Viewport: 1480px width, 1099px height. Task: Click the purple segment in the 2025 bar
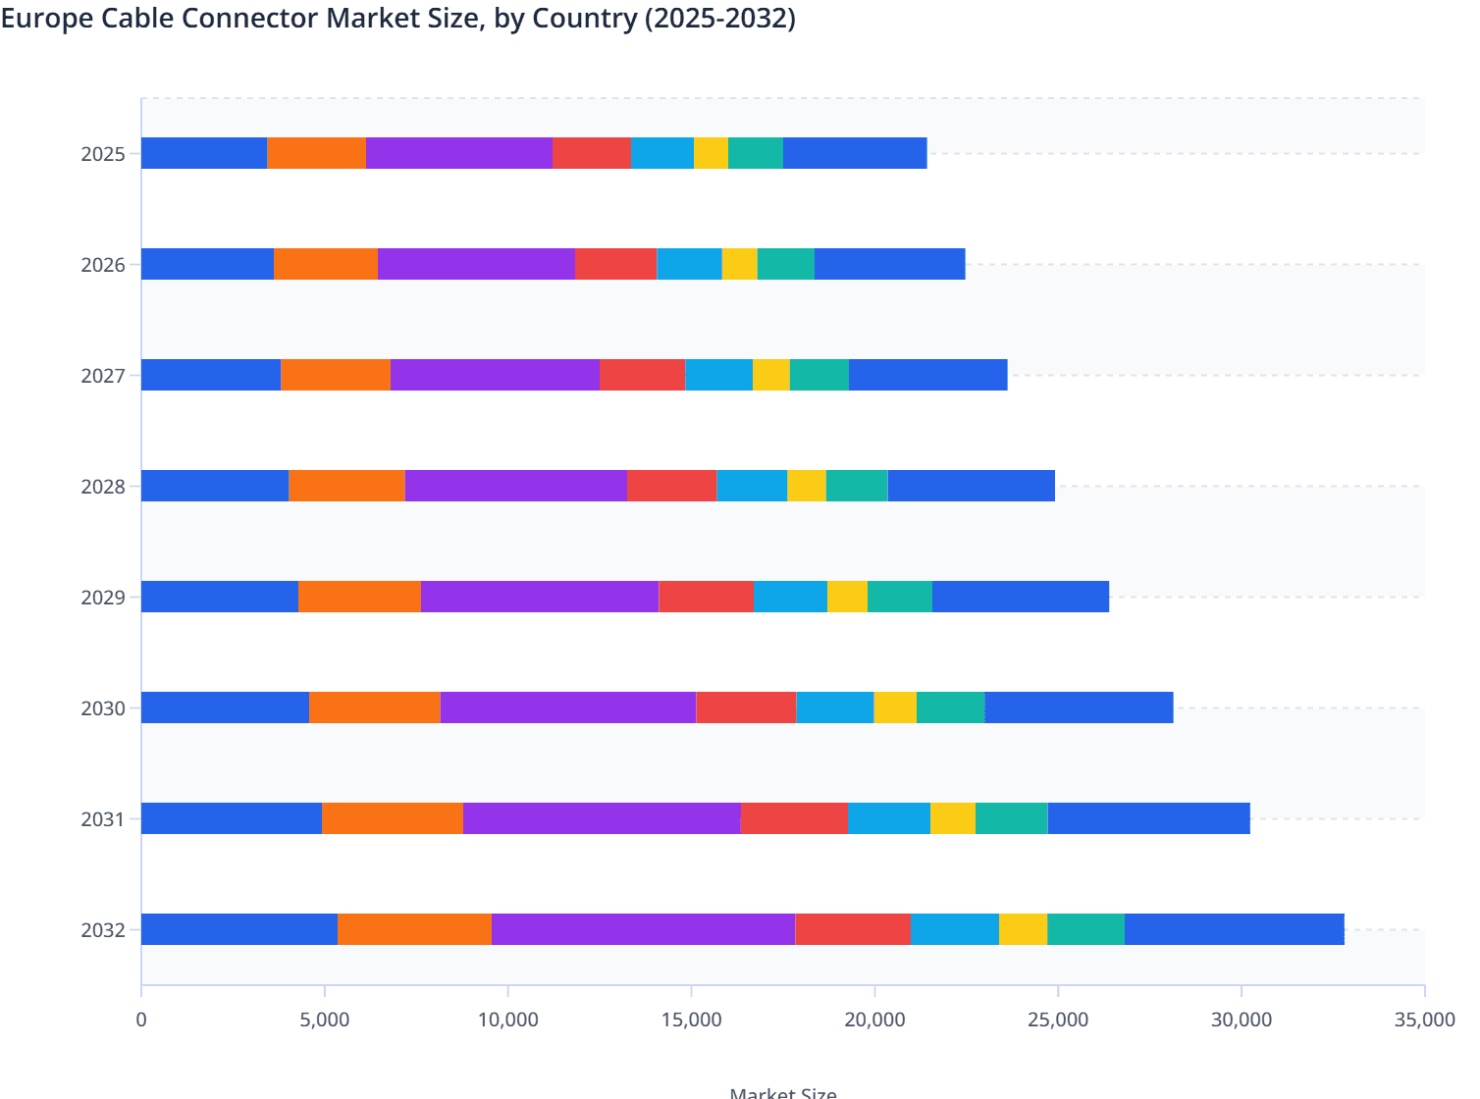coord(459,153)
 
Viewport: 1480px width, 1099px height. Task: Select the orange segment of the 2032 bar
coord(414,929)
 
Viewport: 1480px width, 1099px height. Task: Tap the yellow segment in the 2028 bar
coord(806,486)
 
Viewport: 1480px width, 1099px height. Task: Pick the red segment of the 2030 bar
coord(746,707)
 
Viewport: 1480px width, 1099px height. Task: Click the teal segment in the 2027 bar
coord(819,375)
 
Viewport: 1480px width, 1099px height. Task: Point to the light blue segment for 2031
coord(888,818)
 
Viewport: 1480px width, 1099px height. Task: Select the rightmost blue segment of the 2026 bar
coord(889,264)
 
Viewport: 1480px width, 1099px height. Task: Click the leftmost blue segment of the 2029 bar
coord(219,597)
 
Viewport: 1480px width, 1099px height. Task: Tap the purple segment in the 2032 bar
coord(643,929)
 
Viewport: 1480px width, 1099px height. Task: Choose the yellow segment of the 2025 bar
coord(711,153)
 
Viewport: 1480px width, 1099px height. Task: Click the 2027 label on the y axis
coord(103,376)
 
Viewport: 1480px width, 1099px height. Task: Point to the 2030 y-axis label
coord(103,708)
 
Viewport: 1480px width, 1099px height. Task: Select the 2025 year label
coord(103,154)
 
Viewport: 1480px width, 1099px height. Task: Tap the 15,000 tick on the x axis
coord(691,1020)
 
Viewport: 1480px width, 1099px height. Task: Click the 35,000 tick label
coord(1424,1020)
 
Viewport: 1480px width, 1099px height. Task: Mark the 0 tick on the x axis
coord(141,1020)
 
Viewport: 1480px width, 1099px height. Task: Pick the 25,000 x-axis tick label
coord(1058,1020)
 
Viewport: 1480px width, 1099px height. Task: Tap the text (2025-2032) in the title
coord(719,19)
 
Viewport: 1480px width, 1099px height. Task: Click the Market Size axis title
coord(783,1092)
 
